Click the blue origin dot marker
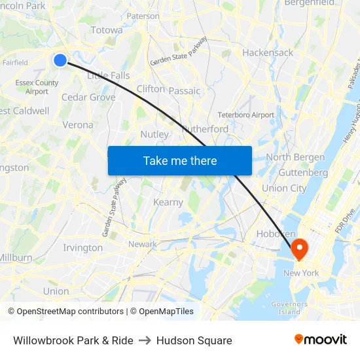click(x=60, y=60)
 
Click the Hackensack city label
click(x=267, y=52)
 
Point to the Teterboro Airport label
click(x=245, y=115)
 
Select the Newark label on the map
click(x=142, y=244)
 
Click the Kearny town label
click(x=168, y=202)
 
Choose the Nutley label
click(x=154, y=134)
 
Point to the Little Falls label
click(x=109, y=76)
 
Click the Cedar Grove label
click(x=88, y=98)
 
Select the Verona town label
click(x=78, y=125)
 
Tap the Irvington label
click(x=83, y=248)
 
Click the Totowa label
click(x=107, y=30)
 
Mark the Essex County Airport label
click(x=37, y=87)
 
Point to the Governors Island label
click(x=289, y=308)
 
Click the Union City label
click(x=284, y=189)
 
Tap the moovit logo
click(x=321, y=339)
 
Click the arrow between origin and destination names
click(x=145, y=340)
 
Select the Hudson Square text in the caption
click(x=194, y=340)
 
